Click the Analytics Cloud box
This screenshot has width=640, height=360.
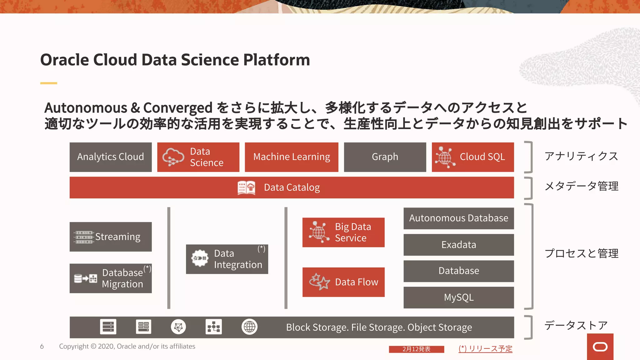pyautogui.click(x=111, y=157)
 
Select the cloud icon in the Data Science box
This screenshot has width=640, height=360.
pyautogui.click(x=173, y=157)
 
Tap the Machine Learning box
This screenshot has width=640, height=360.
pyautogui.click(x=291, y=157)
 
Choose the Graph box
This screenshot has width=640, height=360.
pyautogui.click(x=385, y=157)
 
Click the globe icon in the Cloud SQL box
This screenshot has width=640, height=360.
pyautogui.click(x=445, y=157)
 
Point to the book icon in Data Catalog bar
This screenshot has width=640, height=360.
pyautogui.click(x=246, y=188)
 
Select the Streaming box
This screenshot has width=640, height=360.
pyautogui.click(x=111, y=237)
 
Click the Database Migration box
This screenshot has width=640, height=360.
pyautogui.click(x=111, y=278)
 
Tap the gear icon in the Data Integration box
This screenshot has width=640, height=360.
pyautogui.click(x=200, y=258)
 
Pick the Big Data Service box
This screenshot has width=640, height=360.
pyautogui.click(x=343, y=232)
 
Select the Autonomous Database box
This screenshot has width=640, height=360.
pyautogui.click(x=458, y=218)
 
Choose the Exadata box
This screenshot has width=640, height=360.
pyautogui.click(x=458, y=245)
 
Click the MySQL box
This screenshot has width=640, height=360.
pyautogui.click(x=458, y=297)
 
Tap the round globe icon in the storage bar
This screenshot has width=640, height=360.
pyautogui.click(x=249, y=327)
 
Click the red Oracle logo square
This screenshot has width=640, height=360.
pyautogui.click(x=600, y=347)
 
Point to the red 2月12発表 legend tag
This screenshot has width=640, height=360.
pyautogui.click(x=416, y=349)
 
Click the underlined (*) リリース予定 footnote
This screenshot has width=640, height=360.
pyautogui.click(x=485, y=349)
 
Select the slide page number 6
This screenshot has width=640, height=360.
pyautogui.click(x=42, y=347)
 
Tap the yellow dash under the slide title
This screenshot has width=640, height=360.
pyautogui.click(x=48, y=83)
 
